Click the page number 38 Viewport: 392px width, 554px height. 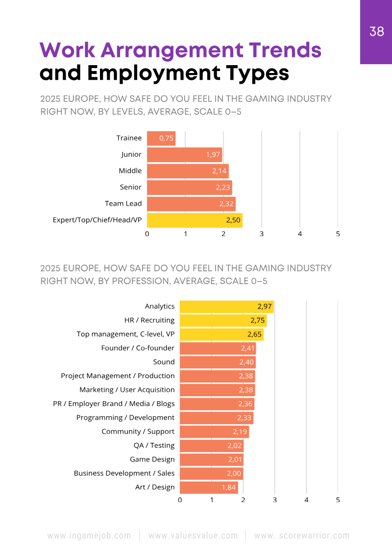click(376, 32)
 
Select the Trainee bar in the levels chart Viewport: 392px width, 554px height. click(161, 138)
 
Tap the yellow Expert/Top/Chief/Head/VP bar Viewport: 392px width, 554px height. click(195, 220)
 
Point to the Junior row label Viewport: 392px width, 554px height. click(131, 154)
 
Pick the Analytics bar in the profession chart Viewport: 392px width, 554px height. click(226, 307)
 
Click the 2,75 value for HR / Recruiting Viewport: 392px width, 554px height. click(257, 320)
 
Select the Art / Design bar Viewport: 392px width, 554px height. click(209, 487)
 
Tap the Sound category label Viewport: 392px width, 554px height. click(164, 362)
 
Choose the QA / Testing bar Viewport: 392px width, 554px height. click(211, 446)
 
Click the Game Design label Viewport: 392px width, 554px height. click(152, 459)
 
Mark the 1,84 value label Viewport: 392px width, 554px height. click(229, 487)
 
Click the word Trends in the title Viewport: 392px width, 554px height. click(285, 50)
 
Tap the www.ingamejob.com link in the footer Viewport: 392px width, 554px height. click(89, 536)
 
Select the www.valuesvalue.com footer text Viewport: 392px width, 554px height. click(193, 536)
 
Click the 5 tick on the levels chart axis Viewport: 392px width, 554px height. click(338, 234)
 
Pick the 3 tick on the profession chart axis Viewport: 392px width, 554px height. click(275, 500)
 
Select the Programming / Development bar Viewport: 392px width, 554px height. click(217, 418)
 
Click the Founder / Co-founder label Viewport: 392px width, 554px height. click(138, 348)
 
